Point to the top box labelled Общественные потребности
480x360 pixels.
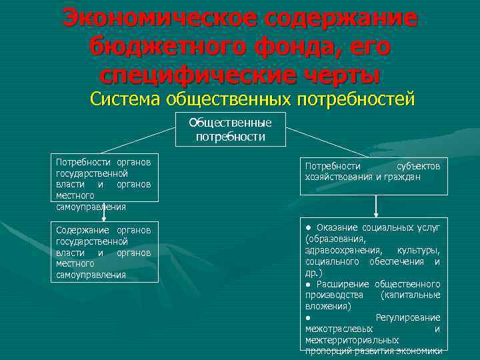[x=231, y=129]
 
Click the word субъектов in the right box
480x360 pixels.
[x=418, y=166]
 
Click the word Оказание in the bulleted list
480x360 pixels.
[x=339, y=227]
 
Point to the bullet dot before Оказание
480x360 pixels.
[x=308, y=227]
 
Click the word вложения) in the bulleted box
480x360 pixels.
[x=327, y=306]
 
